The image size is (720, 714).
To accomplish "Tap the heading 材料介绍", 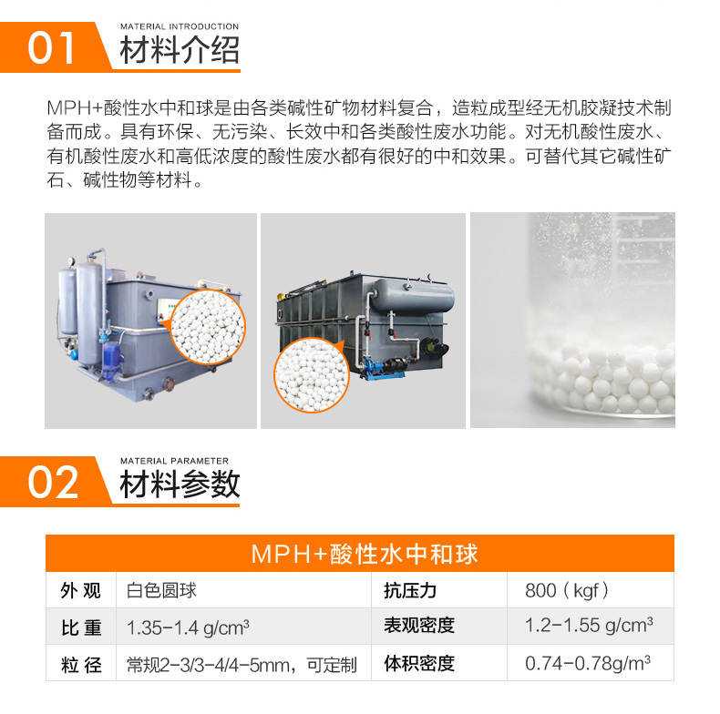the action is [180, 49].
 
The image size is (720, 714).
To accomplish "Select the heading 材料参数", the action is [180, 484].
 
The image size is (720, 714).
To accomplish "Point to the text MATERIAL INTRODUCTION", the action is [180, 26].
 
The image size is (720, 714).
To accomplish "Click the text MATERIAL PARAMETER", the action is [174, 461].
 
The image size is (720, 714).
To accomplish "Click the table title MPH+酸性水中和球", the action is [365, 554].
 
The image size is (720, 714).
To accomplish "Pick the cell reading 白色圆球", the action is [161, 590].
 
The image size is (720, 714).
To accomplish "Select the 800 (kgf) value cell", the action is [567, 590].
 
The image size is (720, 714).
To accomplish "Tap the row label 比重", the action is [81, 627].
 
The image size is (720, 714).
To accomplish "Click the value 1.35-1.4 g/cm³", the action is [188, 627].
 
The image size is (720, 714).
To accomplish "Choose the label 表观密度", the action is [419, 626].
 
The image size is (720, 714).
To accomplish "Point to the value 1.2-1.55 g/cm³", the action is [589, 625].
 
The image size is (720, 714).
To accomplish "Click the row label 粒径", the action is [81, 665].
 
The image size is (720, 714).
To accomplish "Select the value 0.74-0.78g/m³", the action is [588, 663].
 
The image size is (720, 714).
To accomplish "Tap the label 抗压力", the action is [410, 590].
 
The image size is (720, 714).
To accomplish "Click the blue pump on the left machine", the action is [109, 361].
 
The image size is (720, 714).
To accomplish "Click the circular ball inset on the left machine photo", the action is [208, 327].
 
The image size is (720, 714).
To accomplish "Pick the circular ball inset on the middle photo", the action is [312, 375].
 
